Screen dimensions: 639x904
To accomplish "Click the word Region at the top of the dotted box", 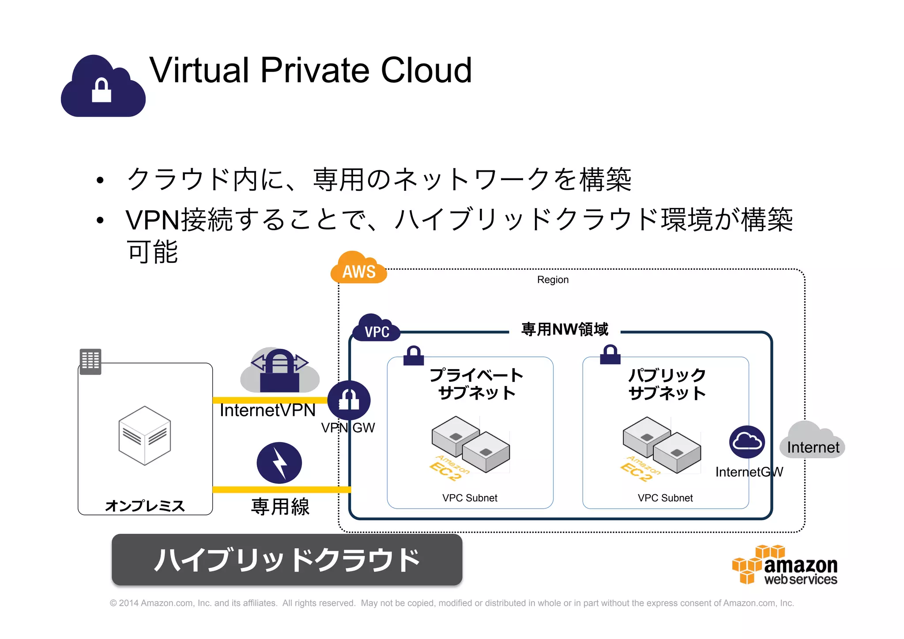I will [553, 280].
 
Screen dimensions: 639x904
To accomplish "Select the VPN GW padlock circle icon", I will [349, 400].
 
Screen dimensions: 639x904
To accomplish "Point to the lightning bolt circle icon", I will [279, 463].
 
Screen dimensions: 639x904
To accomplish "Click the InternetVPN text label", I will [267, 410].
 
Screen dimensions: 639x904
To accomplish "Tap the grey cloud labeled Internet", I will [812, 442].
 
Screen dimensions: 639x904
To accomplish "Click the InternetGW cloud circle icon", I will [747, 442].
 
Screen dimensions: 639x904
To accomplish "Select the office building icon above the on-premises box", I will [90, 361].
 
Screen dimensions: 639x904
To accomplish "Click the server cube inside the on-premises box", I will [144, 435].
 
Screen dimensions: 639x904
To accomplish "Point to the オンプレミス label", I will [145, 506].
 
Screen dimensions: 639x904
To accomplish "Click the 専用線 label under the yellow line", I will [280, 507].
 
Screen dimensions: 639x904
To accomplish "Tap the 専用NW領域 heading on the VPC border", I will [565, 329].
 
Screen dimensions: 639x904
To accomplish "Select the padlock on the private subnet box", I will [414, 355].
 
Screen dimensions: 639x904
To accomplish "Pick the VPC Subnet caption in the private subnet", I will [470, 498].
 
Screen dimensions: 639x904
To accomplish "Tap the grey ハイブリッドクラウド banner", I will [287, 560].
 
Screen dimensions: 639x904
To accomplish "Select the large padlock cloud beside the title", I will [103, 87].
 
